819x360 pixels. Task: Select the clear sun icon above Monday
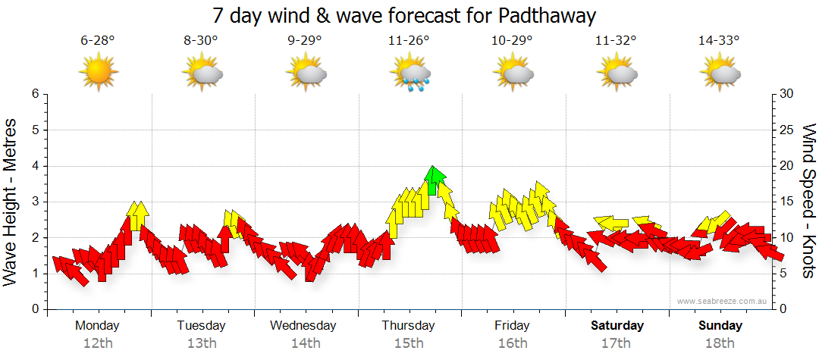point(99,74)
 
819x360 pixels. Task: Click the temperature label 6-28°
point(98,40)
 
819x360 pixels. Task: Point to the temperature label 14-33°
point(720,40)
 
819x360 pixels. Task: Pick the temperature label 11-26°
point(409,40)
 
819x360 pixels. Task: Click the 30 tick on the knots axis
point(787,94)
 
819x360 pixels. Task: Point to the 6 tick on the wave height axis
point(34,94)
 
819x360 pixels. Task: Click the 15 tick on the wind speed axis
point(787,202)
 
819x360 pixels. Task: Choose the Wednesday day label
point(303,326)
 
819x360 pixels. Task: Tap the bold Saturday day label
point(617,326)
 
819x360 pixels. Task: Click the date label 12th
point(98,343)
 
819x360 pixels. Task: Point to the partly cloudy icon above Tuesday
point(202,74)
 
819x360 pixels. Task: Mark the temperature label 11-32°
point(617,40)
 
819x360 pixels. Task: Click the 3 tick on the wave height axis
point(34,202)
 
